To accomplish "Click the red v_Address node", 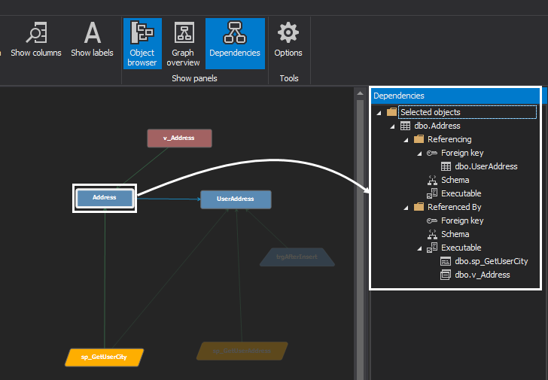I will point(179,138).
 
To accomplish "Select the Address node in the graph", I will point(105,198).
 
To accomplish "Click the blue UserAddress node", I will point(236,199).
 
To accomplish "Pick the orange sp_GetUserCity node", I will point(104,357).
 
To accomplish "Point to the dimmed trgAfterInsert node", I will point(297,257).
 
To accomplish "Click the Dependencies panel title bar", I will point(455,96).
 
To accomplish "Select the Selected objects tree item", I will point(430,112).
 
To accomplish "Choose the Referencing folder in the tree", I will point(449,139).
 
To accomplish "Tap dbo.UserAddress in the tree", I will point(486,166).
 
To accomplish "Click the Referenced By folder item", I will point(454,207).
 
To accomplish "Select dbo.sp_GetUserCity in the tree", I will point(491,261).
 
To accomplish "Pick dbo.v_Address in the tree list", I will point(482,275).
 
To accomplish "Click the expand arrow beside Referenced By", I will point(405,207).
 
